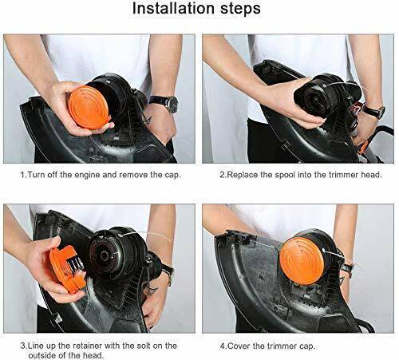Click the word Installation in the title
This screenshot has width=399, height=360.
(x=174, y=9)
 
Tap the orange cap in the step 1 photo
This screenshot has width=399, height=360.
(x=90, y=108)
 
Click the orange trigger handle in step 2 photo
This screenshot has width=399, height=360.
(x=363, y=146)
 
